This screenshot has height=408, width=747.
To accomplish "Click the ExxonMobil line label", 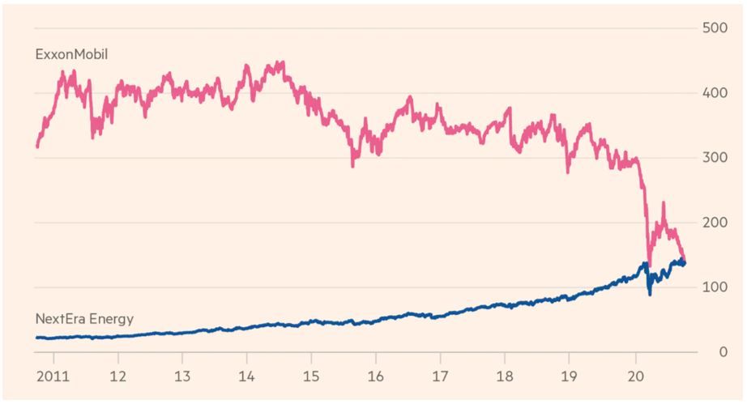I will (x=72, y=55).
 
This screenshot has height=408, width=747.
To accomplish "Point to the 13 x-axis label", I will (x=182, y=377).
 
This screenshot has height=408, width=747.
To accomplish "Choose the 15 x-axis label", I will (x=311, y=377).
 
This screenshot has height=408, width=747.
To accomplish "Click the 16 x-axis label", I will (x=375, y=377).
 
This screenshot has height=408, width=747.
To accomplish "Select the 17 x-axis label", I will (x=440, y=377).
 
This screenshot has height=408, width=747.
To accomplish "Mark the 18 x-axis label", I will (x=504, y=377).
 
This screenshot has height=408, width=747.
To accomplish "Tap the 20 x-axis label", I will (x=634, y=377).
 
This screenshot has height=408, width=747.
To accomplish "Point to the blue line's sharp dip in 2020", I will (x=650, y=293).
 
